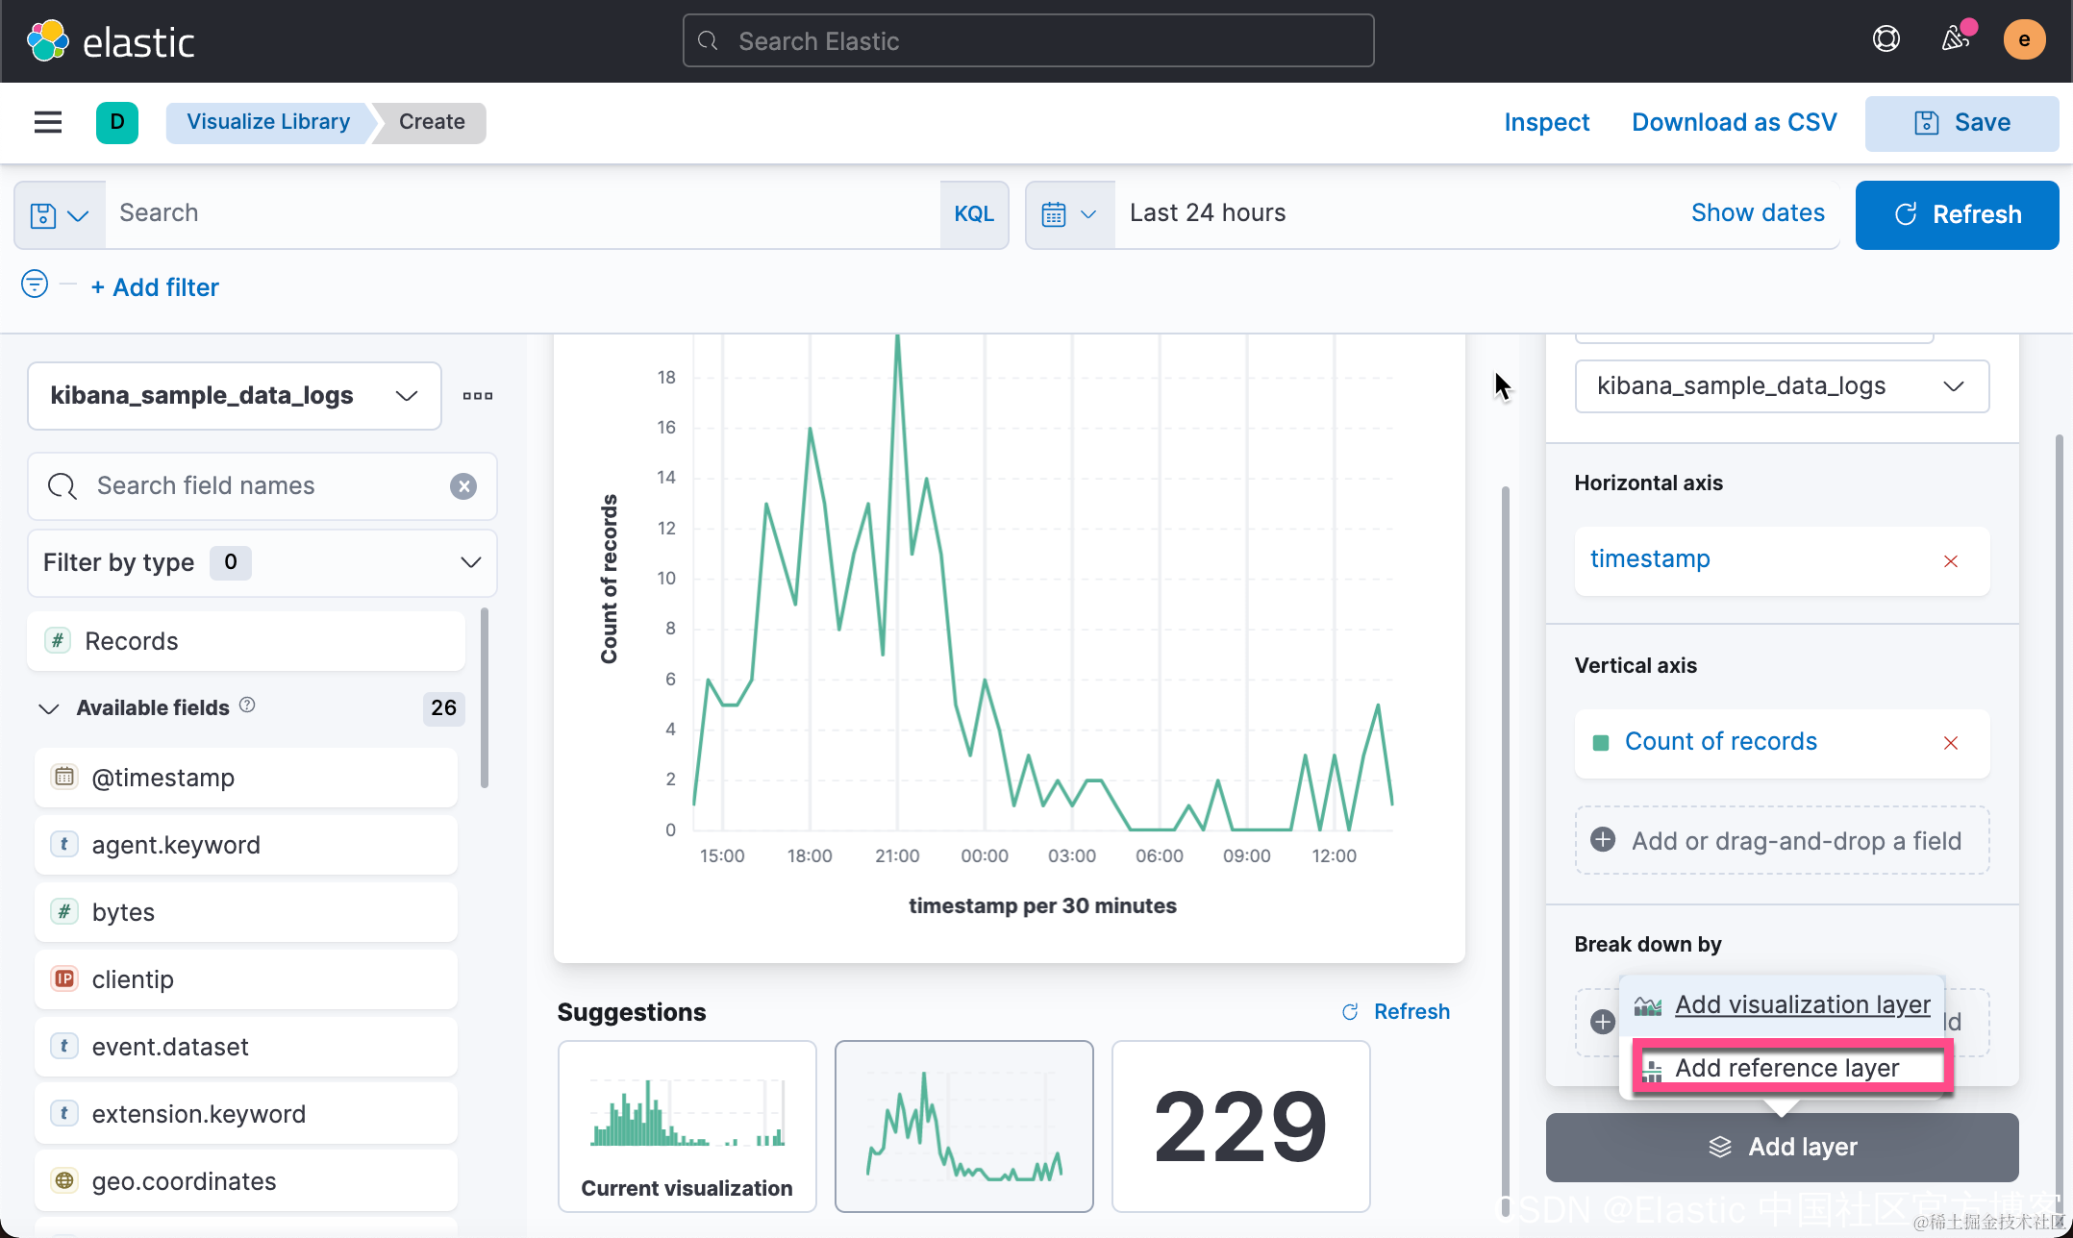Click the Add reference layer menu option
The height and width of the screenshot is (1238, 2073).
(x=1786, y=1068)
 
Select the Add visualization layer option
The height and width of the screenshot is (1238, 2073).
(x=1801, y=1004)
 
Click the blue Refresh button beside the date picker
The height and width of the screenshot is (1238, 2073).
(x=1957, y=214)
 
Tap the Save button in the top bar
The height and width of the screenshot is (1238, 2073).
(x=1961, y=123)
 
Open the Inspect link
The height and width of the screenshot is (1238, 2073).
(x=1546, y=123)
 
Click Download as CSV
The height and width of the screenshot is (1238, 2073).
(x=1734, y=123)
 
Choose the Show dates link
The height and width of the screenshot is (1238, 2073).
(x=1757, y=213)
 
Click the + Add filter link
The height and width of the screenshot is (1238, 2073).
(x=155, y=287)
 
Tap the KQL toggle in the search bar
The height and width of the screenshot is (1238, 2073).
(x=973, y=214)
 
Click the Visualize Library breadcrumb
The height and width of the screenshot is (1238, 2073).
(x=267, y=122)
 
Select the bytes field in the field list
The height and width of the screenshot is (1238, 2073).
(x=123, y=912)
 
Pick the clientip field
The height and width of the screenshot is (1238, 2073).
(x=133, y=979)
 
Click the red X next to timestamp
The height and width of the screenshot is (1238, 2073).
(x=1950, y=561)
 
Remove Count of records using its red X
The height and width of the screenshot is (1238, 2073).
(x=1950, y=743)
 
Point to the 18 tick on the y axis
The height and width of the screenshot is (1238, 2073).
(x=666, y=378)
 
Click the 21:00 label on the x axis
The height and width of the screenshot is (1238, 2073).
(x=896, y=856)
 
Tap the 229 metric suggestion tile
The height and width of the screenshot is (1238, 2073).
(x=1239, y=1126)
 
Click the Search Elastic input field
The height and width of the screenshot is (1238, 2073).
(x=1027, y=41)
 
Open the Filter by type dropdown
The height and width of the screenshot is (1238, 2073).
(x=262, y=563)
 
